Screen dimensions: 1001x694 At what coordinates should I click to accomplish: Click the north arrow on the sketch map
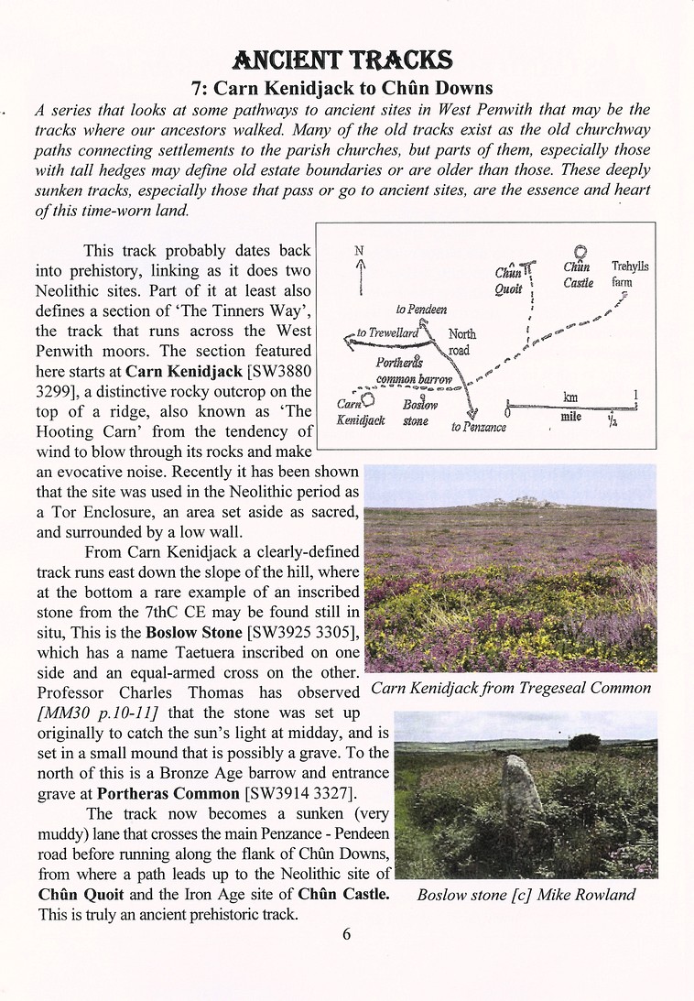(361, 271)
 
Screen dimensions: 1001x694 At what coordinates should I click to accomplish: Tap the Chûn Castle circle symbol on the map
(580, 252)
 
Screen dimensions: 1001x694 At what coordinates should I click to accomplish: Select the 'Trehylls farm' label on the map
(629, 274)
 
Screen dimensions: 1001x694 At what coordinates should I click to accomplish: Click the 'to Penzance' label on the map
(478, 427)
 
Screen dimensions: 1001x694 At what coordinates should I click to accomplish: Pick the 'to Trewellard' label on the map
(386, 333)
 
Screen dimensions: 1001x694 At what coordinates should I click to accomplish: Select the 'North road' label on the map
(461, 342)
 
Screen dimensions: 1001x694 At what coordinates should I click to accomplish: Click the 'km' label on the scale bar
(570, 397)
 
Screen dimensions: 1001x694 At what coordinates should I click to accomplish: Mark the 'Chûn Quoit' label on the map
(508, 280)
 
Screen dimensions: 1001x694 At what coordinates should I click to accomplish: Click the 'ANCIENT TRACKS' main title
(342, 60)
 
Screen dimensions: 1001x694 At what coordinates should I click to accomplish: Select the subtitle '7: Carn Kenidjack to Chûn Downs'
(342, 88)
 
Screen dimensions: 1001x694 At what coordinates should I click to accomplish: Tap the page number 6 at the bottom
(346, 934)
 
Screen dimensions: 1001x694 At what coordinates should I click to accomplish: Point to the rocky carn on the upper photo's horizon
(515, 500)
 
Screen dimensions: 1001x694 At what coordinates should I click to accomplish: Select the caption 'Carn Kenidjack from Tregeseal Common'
(511, 687)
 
